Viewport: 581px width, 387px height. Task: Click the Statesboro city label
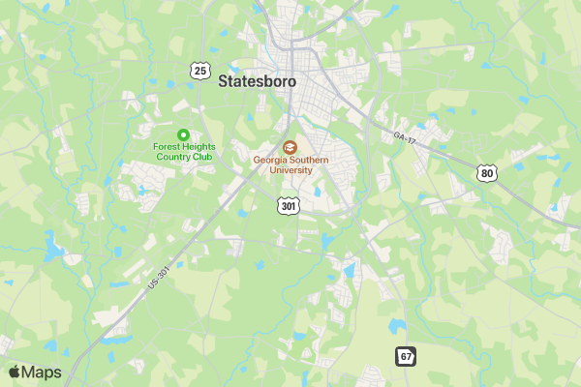257,81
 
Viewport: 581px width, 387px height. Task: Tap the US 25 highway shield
199,70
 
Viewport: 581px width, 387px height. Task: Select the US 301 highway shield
288,205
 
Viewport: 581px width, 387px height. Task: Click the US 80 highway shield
486,173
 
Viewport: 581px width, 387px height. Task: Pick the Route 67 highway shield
406,356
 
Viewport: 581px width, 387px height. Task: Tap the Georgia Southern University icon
290,147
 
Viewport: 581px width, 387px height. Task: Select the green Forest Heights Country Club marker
184,134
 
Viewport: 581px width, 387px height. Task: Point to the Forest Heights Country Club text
184,152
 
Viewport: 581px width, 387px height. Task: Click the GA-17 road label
405,137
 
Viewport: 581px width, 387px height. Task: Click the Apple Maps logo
35,372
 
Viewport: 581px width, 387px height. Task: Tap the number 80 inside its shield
486,173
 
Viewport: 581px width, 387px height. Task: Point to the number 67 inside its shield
406,356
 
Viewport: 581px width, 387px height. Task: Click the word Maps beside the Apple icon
43,372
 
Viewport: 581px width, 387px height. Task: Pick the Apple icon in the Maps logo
15,372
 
